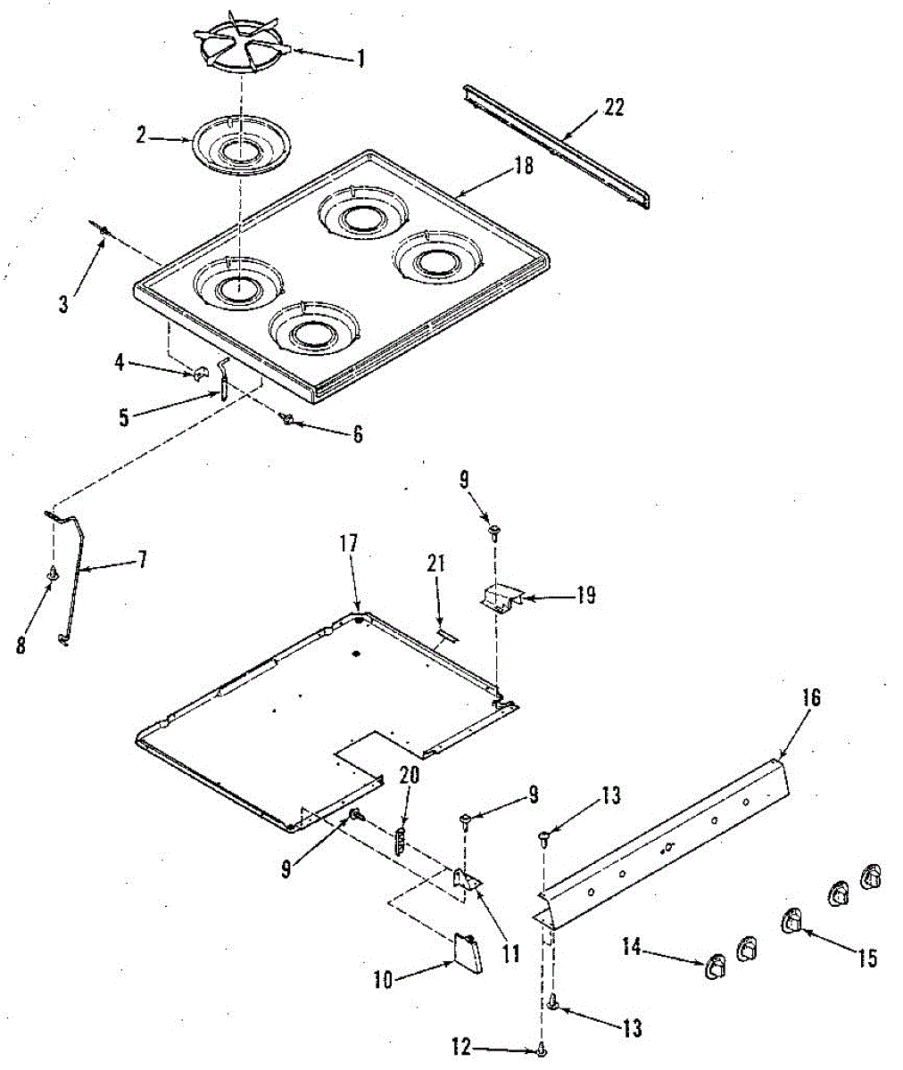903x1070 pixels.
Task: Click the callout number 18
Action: point(523,166)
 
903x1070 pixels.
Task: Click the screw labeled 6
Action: point(287,420)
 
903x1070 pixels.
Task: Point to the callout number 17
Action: point(348,543)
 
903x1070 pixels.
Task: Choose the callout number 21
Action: point(435,564)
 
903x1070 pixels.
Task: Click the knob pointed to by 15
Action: point(791,921)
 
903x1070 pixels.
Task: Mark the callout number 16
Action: point(811,697)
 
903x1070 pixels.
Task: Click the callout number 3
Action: point(63,304)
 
